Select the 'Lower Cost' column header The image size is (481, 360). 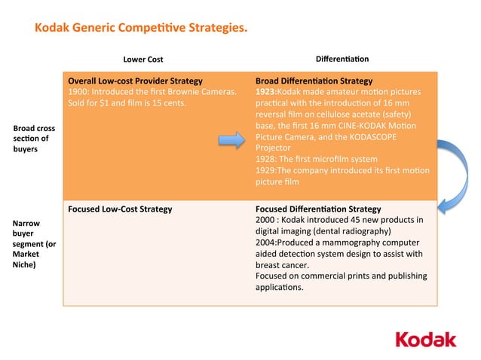[x=142, y=59]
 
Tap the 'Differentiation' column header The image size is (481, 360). [x=342, y=59]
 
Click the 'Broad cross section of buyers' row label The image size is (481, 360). [x=35, y=139]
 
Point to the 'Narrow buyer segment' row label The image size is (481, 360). [x=35, y=243]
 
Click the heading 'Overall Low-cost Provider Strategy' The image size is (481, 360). [x=135, y=80]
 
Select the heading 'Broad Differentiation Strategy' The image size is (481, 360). [x=314, y=80]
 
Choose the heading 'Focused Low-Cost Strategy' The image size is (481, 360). [x=120, y=209]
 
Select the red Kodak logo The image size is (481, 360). [x=426, y=339]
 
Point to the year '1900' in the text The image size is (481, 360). [x=78, y=91]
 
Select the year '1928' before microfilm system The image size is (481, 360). [x=266, y=160]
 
